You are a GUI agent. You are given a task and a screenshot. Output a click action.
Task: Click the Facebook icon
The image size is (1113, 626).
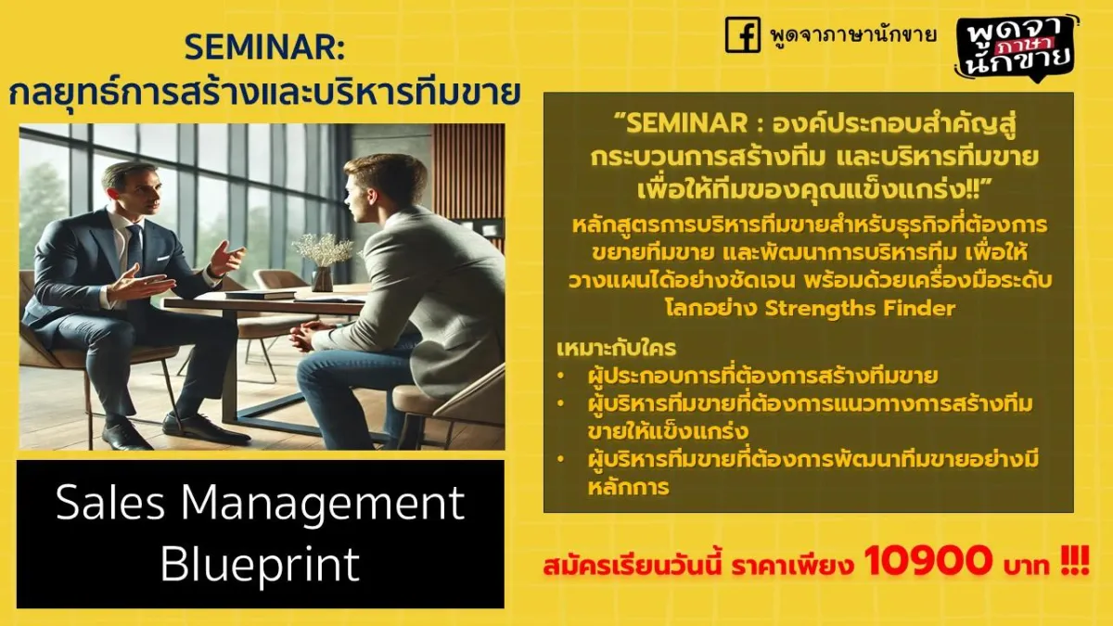(743, 34)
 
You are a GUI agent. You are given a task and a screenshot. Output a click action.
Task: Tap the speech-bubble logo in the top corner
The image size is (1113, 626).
(1017, 48)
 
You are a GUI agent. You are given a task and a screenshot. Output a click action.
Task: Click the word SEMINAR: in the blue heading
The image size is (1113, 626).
(264, 48)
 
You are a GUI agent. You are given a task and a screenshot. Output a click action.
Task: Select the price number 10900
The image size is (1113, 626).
(927, 560)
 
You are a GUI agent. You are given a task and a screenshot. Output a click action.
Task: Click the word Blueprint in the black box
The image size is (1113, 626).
(260, 564)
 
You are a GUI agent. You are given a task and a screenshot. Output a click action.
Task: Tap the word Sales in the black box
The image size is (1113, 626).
(109, 502)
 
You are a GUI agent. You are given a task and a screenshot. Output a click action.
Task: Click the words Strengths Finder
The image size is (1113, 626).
(860, 309)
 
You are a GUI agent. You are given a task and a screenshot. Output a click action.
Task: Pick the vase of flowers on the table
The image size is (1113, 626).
(323, 262)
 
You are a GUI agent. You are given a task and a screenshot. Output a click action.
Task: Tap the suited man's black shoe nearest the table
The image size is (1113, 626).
(206, 429)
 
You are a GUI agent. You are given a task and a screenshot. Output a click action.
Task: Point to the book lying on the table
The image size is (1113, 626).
(261, 295)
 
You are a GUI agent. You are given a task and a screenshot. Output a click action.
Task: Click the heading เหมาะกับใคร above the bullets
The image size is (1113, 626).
(617, 349)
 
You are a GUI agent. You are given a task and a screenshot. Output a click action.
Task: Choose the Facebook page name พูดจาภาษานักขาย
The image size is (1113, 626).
(852, 35)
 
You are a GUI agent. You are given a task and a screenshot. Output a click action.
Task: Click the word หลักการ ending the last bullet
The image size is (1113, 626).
(629, 487)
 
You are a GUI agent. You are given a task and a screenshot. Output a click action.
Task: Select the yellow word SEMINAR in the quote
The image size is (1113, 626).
(686, 122)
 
